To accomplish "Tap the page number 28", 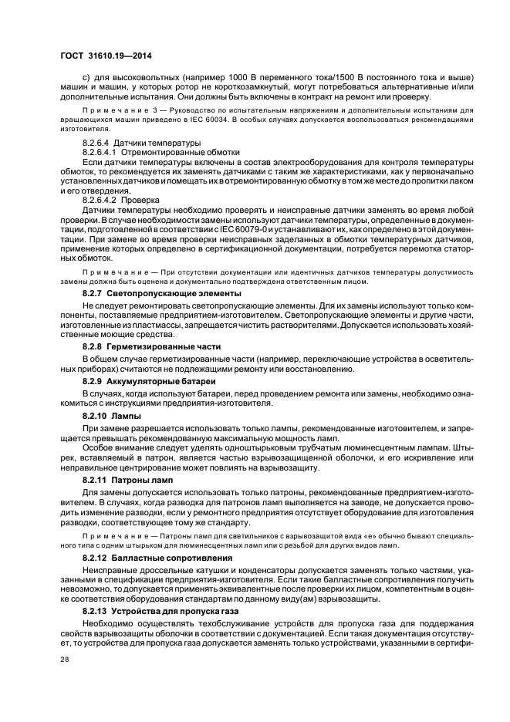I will (x=64, y=660).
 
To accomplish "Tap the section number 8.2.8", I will (x=96, y=347).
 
